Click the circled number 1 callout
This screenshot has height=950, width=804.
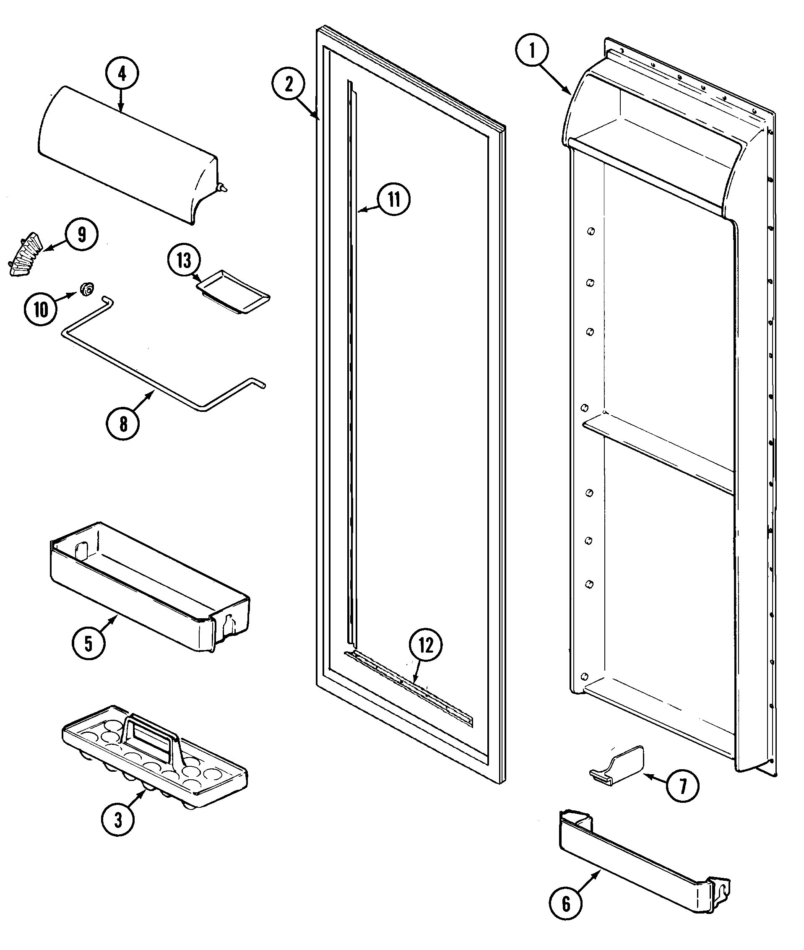[x=532, y=52]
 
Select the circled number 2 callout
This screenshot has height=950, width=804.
[x=289, y=84]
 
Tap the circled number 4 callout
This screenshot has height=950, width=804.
[x=122, y=74]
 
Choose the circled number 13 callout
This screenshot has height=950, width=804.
[x=184, y=261]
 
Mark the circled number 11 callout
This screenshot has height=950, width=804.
[x=394, y=199]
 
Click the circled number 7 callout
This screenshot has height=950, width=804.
[x=682, y=786]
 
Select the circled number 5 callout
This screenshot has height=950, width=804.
[x=88, y=643]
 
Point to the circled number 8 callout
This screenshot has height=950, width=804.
[x=123, y=424]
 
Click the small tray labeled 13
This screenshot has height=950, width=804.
[x=233, y=297]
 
